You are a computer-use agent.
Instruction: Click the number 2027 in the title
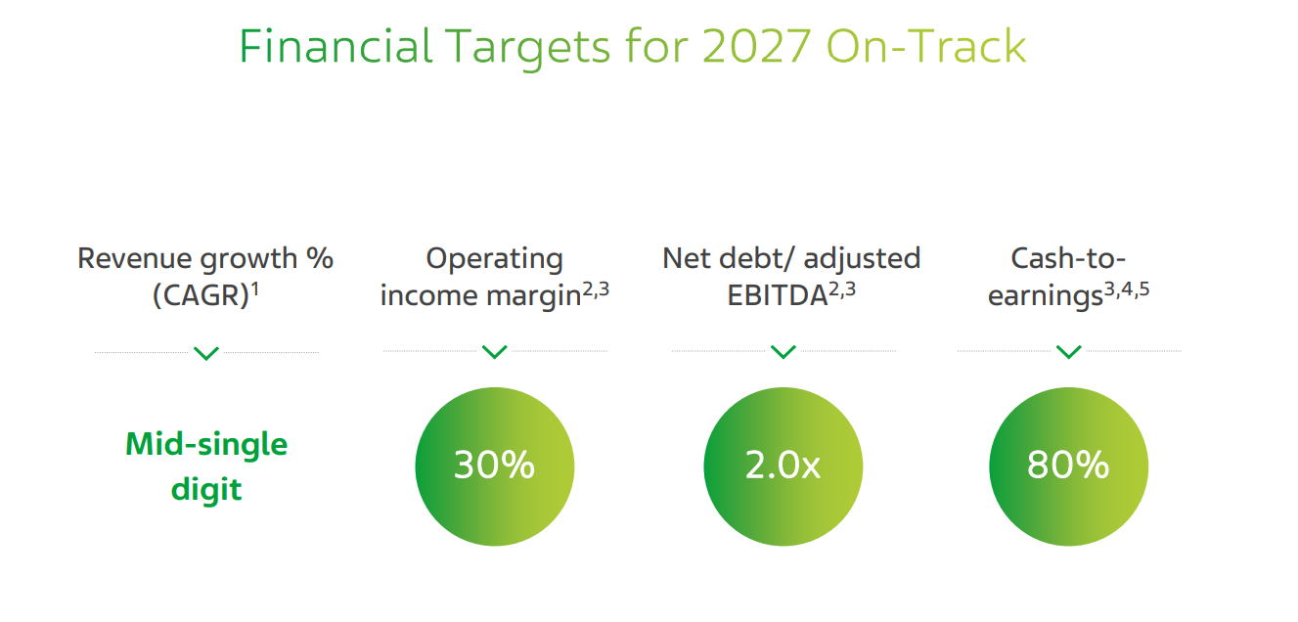click(x=756, y=46)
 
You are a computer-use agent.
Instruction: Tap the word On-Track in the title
click(x=926, y=46)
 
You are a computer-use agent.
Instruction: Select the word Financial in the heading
click(x=336, y=46)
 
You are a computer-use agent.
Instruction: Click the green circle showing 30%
click(x=494, y=466)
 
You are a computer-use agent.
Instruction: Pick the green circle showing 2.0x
click(x=783, y=466)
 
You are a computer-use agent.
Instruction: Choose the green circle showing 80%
click(x=1068, y=466)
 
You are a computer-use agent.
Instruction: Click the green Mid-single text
click(x=206, y=445)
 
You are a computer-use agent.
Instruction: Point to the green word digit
click(x=206, y=490)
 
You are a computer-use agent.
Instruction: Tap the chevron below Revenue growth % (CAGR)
click(x=206, y=353)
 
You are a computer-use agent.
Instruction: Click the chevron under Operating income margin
click(x=494, y=351)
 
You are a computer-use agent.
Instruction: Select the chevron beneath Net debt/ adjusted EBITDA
click(x=783, y=351)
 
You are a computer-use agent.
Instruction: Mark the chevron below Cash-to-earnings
click(x=1068, y=351)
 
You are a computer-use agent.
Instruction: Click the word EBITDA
click(x=777, y=296)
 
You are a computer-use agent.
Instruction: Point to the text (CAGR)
click(x=201, y=296)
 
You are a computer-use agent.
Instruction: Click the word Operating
click(x=494, y=259)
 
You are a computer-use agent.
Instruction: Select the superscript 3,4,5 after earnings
click(x=1127, y=289)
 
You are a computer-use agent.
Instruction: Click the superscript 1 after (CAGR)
click(x=254, y=289)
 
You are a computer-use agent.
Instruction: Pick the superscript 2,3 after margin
click(x=596, y=289)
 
